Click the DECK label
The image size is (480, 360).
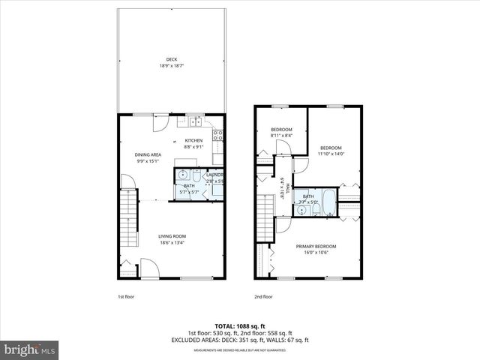click(x=172, y=60)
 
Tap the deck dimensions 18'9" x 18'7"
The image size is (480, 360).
click(x=172, y=66)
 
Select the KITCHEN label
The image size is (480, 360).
click(x=194, y=141)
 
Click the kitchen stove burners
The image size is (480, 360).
click(x=218, y=136)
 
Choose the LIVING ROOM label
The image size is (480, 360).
click(x=172, y=236)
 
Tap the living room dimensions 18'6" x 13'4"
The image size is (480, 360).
click(x=172, y=242)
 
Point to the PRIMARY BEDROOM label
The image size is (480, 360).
click(x=316, y=246)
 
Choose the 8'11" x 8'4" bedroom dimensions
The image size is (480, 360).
click(x=281, y=136)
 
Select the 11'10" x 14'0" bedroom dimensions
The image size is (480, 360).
click(x=330, y=154)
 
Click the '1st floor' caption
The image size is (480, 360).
click(x=125, y=296)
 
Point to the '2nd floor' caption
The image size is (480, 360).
click(x=263, y=296)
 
